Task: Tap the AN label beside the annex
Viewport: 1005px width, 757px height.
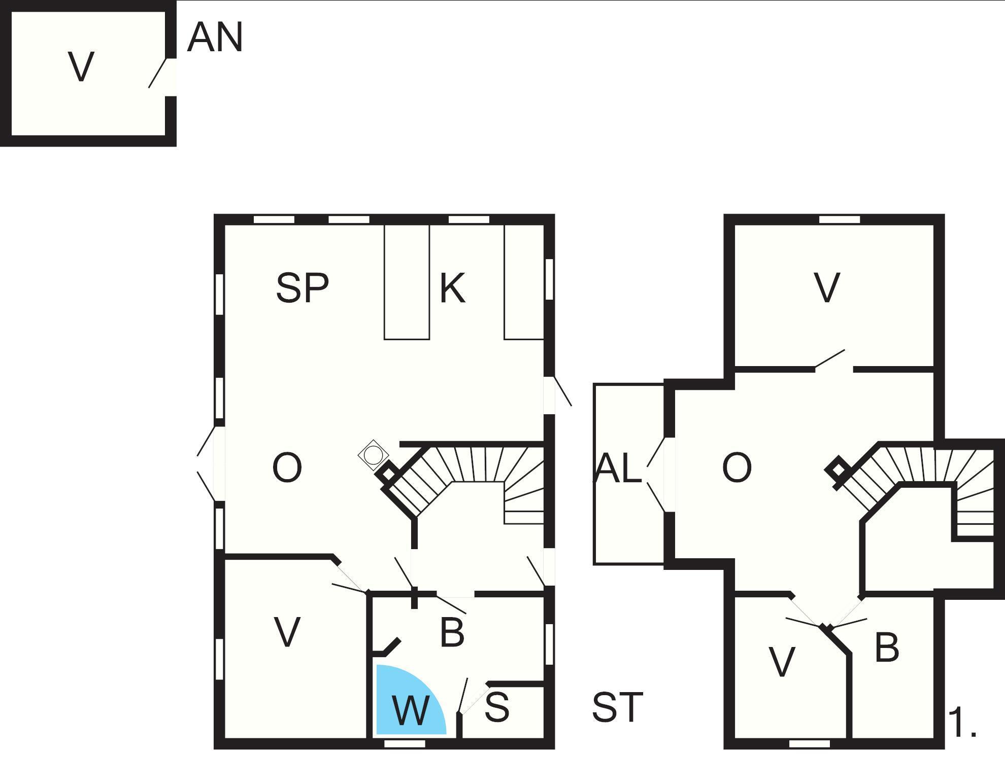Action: coord(215,38)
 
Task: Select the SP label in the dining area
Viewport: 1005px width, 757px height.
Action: coord(303,288)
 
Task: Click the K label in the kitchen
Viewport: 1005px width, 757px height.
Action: coord(452,288)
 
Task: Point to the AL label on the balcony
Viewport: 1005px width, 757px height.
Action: coord(618,467)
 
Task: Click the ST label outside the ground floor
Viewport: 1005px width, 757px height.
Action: coord(618,707)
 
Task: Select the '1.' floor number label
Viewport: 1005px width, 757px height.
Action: coord(962,723)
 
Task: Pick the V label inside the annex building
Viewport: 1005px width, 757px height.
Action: coord(81,66)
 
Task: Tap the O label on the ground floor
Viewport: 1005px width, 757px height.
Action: coord(287,467)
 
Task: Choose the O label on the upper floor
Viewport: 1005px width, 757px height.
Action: coord(737,467)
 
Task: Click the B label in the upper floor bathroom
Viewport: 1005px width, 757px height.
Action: coord(887,647)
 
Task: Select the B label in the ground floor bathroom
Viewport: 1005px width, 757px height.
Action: coord(452,632)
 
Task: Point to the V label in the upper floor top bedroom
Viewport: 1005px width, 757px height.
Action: coord(827,288)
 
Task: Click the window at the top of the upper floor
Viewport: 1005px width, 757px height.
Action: coord(840,220)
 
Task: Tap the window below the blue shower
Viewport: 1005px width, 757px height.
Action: coord(405,743)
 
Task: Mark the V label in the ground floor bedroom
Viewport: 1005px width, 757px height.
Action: coord(287,632)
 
